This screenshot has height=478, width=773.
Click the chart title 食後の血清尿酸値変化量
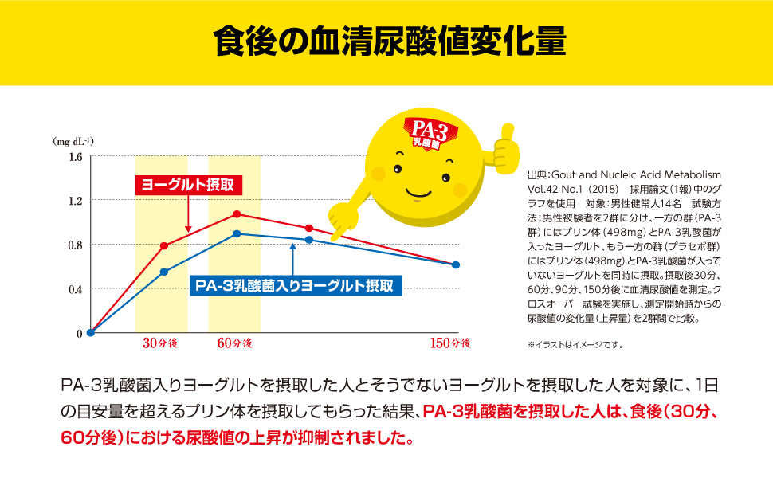386,42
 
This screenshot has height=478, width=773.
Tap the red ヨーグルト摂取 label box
187,184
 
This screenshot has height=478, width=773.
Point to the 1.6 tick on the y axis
75,156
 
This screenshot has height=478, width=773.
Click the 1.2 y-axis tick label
75,201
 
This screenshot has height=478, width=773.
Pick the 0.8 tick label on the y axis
75,245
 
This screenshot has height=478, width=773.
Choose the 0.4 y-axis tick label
75,289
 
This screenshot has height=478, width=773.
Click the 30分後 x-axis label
159,343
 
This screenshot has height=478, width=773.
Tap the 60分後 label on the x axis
233,343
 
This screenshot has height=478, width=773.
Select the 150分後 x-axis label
450,343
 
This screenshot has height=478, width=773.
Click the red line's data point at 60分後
237,214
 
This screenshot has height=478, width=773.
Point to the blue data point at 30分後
163,272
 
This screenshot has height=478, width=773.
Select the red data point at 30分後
163,245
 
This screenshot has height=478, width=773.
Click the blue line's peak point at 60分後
237,233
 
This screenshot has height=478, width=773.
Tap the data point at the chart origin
90,333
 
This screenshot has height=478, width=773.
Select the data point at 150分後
456,264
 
